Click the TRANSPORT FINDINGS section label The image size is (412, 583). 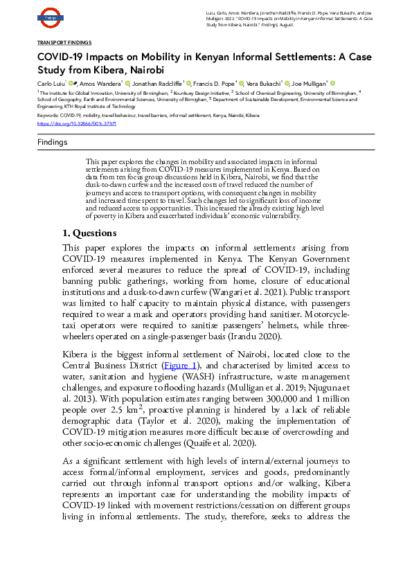(x=64, y=43)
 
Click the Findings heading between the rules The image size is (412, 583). (x=52, y=143)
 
